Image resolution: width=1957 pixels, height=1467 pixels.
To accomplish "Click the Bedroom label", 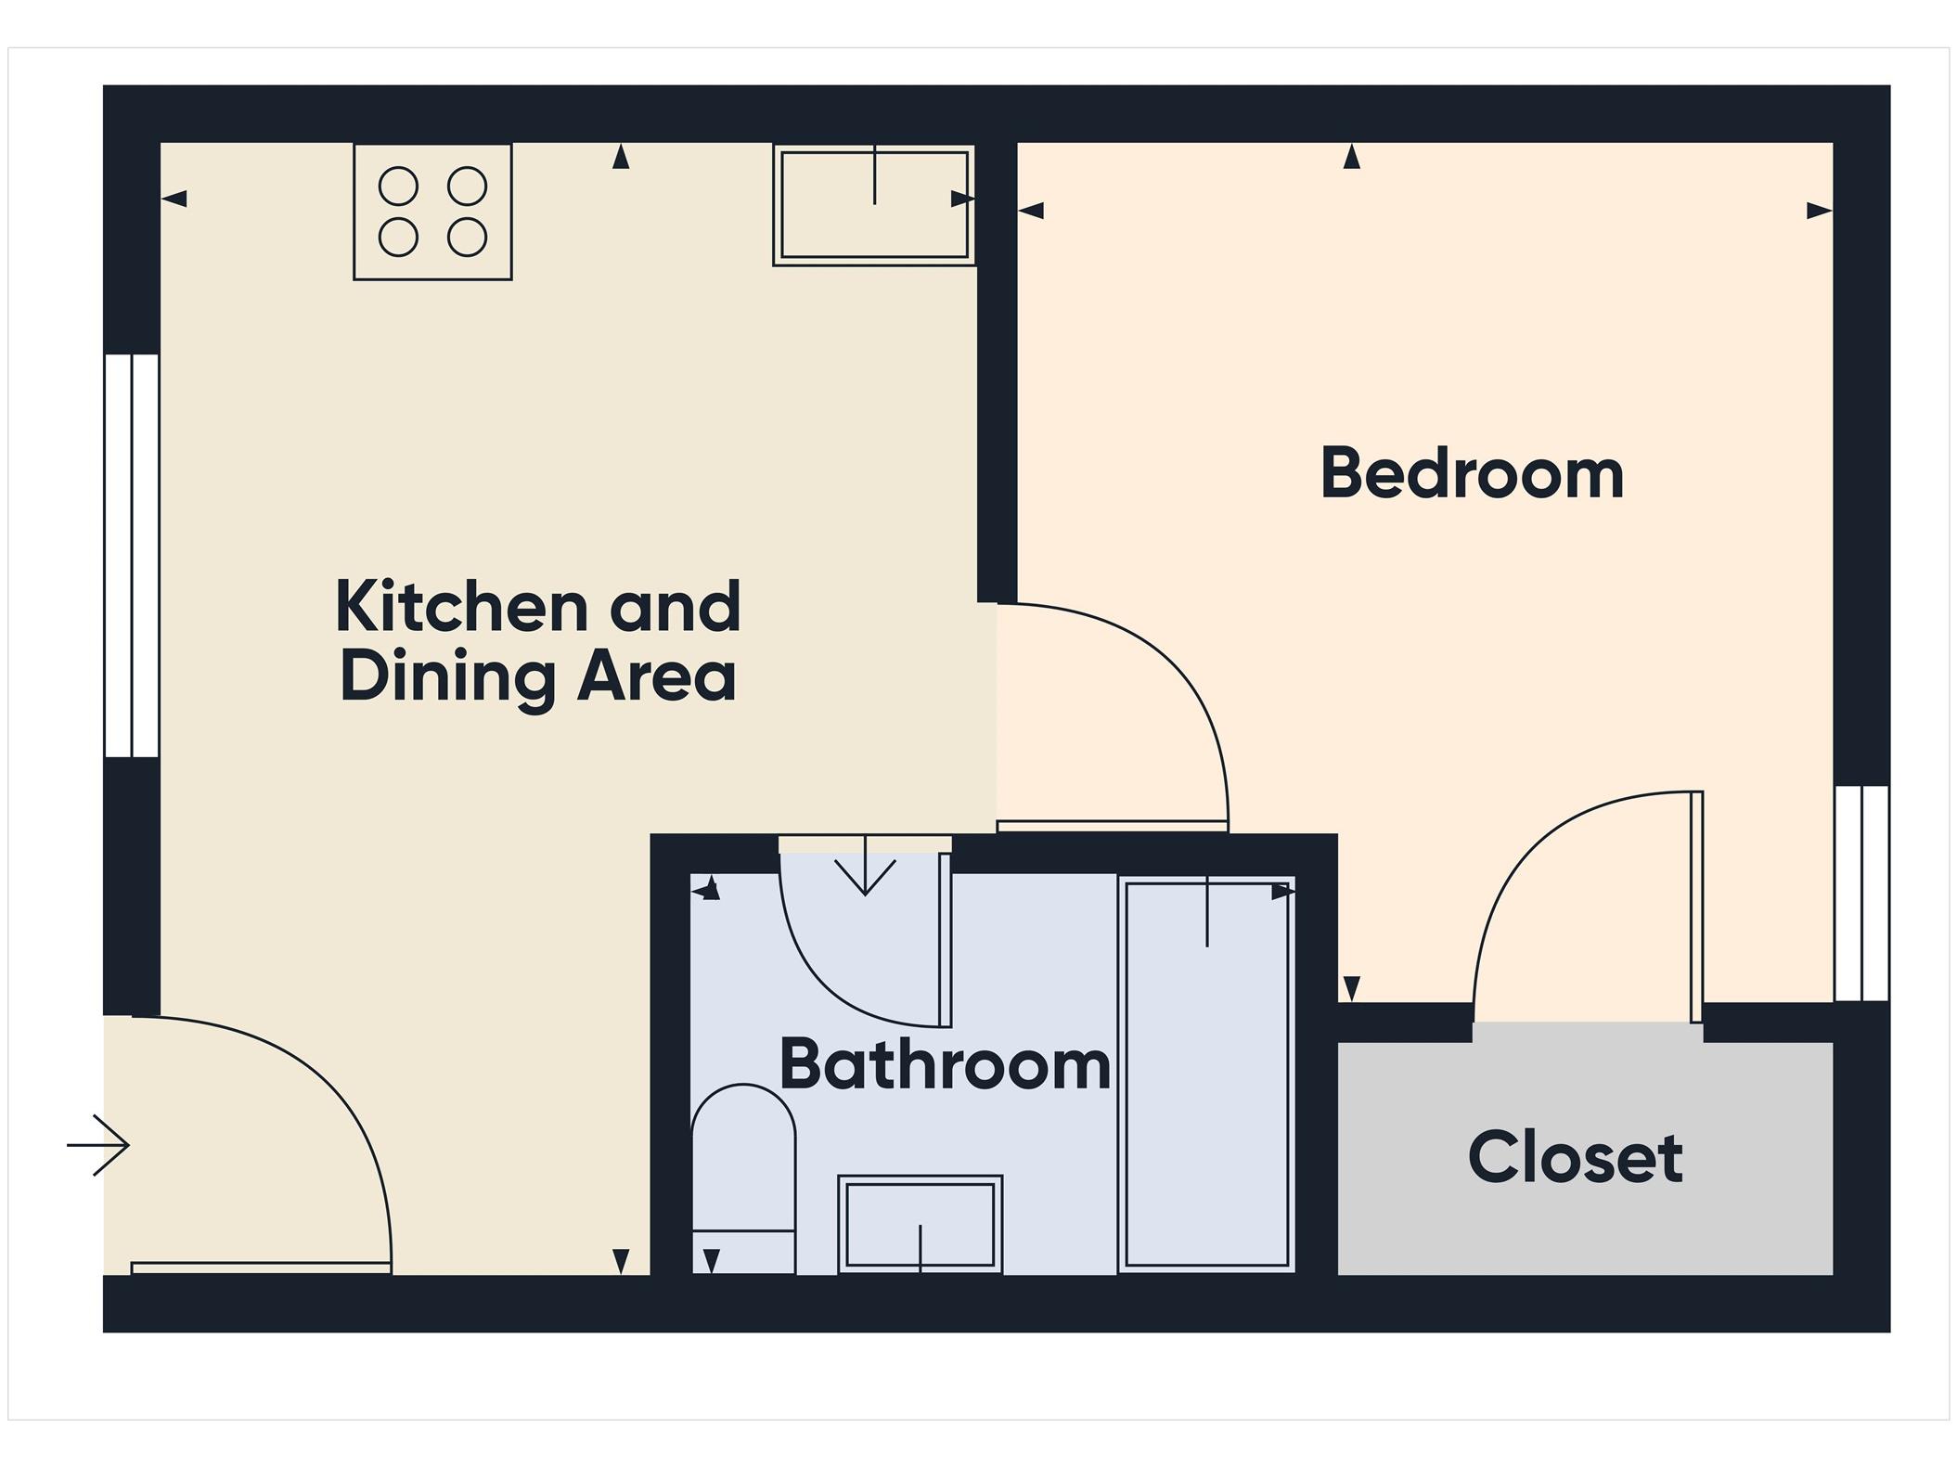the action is pos(1472,473).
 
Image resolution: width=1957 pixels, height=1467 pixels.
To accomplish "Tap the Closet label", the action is pos(1575,1157).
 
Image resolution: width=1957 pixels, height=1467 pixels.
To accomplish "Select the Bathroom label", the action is pos(945,1064).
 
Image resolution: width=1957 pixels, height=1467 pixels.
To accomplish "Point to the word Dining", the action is pos(445,680).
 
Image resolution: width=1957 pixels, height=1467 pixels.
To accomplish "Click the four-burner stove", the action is pos(432,212).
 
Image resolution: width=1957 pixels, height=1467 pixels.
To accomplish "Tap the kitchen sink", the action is pos(874,205).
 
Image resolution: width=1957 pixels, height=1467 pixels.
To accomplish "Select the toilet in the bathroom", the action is pos(743,1178).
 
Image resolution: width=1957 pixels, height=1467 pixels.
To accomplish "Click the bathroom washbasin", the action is pos(920,1224).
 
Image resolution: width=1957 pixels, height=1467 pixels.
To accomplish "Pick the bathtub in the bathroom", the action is pos(1206,1074).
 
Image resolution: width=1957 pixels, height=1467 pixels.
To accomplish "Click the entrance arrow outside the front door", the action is pos(97,1145).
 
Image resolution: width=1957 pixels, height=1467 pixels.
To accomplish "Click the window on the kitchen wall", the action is pos(132,555).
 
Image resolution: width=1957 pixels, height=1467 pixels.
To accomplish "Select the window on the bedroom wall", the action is pos(1861,893).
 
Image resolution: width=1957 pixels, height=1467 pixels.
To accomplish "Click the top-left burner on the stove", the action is pos(398,187).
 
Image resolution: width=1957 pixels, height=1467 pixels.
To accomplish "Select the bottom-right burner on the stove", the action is pos(467,238).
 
